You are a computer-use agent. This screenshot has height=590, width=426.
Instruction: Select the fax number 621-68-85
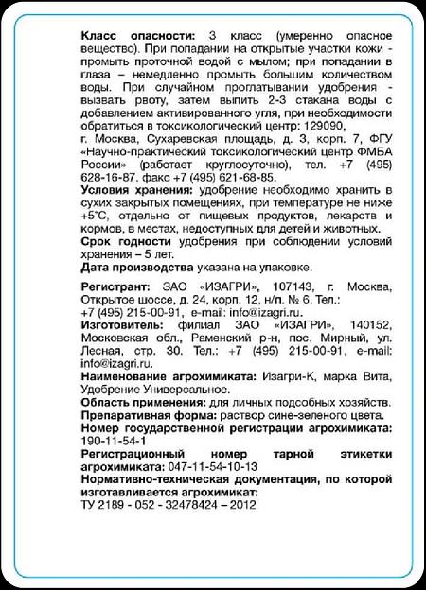247,176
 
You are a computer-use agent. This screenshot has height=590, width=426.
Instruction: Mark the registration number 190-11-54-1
114,442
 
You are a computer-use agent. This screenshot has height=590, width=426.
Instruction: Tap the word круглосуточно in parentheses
233,164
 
